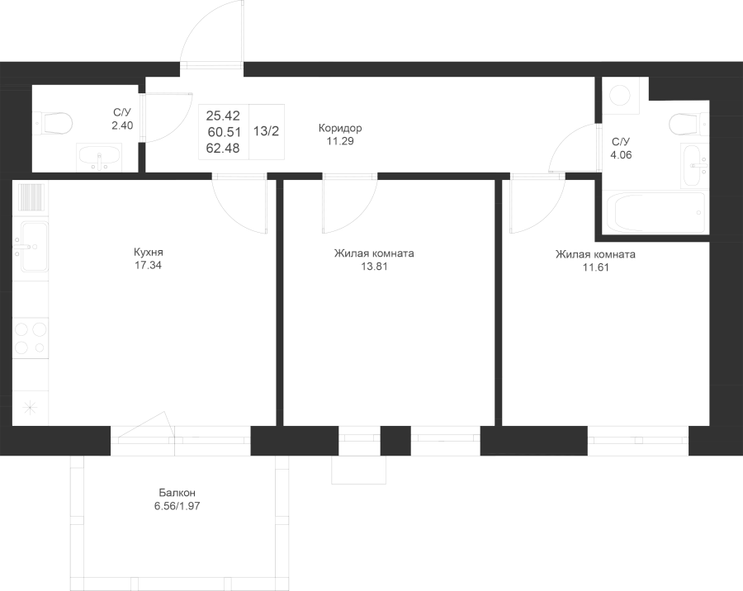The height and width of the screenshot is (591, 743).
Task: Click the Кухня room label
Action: (x=149, y=252)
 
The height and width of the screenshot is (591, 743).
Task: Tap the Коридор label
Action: (x=340, y=128)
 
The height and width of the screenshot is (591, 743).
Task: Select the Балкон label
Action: (x=177, y=493)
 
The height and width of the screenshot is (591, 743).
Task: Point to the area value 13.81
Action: (x=374, y=267)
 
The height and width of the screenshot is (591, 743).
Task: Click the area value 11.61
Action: (x=595, y=267)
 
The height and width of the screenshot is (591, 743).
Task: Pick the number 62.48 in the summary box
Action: (x=223, y=149)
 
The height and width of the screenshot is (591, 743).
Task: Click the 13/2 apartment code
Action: (x=267, y=131)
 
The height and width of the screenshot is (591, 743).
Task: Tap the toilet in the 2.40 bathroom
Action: (x=54, y=123)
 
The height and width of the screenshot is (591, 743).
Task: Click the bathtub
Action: (x=656, y=212)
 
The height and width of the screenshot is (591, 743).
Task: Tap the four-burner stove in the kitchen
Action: (x=31, y=338)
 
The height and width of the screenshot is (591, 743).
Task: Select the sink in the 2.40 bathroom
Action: (x=99, y=158)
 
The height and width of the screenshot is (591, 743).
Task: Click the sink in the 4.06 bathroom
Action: (x=693, y=165)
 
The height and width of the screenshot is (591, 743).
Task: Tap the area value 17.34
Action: (x=149, y=266)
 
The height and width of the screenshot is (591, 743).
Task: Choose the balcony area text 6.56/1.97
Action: (x=177, y=506)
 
